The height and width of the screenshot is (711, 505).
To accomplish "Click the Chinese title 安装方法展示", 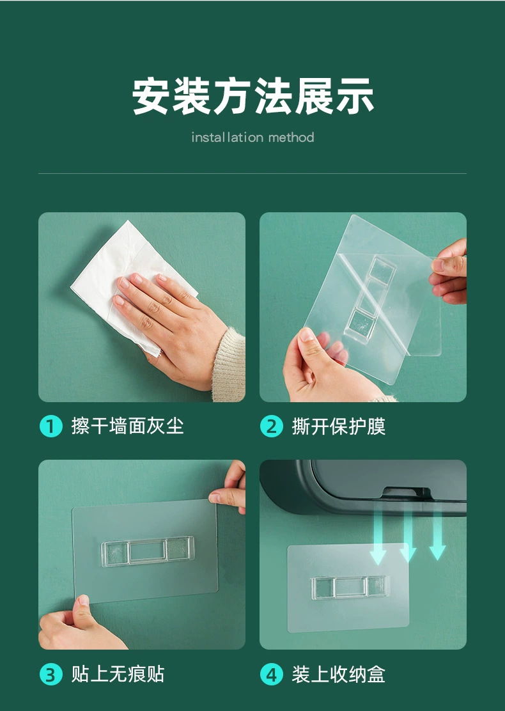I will click(252, 97).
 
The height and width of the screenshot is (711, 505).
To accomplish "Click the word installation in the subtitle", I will click(227, 137).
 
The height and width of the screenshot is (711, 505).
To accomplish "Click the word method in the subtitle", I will click(291, 137).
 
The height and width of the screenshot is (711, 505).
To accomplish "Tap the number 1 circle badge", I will click(50, 426).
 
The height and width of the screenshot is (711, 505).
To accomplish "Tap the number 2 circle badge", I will click(271, 426).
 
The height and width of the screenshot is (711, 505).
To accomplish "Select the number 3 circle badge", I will click(50, 674).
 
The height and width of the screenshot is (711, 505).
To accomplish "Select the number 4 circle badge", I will click(271, 674).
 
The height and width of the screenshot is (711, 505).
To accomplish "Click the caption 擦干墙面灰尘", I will click(127, 426).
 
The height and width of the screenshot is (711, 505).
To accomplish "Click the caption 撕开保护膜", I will click(339, 426).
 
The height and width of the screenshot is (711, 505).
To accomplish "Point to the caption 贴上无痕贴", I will click(118, 674).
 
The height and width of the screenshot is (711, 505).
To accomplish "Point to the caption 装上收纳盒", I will click(339, 674).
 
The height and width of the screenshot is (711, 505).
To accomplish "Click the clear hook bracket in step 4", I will click(349, 587).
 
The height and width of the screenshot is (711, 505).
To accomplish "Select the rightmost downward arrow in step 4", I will click(437, 537).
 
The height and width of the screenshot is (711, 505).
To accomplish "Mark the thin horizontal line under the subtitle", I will click(252, 173).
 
